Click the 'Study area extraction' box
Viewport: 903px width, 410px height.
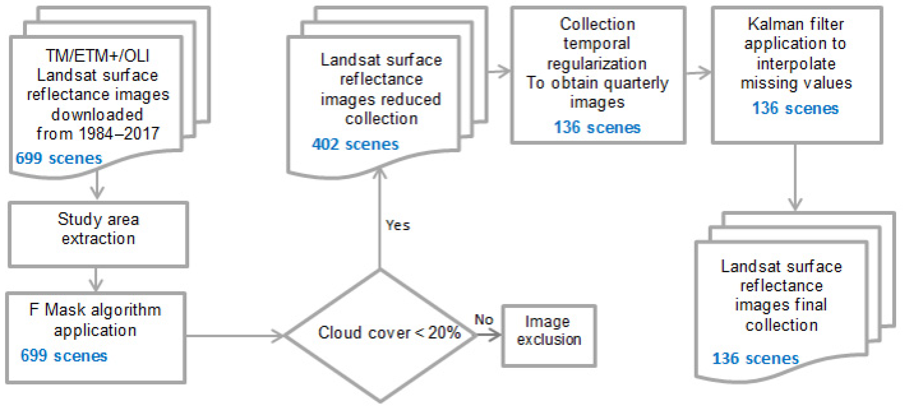98,234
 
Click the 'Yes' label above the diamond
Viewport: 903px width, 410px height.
397,225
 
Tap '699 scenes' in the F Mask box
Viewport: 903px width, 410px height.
64,356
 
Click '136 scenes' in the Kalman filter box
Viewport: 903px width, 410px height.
795,108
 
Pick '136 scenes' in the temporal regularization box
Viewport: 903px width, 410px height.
597,127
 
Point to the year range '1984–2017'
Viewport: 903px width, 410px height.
119,134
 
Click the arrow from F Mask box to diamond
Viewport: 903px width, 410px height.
235,336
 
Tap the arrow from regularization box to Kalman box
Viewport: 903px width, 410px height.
698,73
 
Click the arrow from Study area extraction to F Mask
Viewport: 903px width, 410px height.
96,280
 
